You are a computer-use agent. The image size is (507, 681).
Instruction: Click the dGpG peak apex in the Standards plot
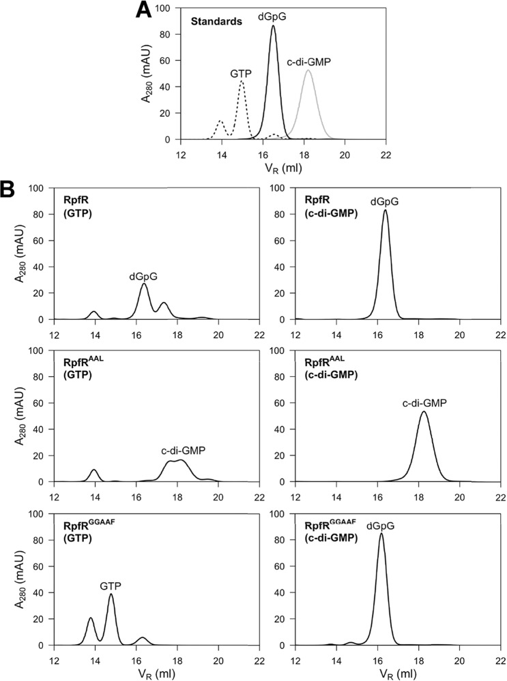[x=274, y=26]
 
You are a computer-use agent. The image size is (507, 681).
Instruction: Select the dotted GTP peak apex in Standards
[x=242, y=81]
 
